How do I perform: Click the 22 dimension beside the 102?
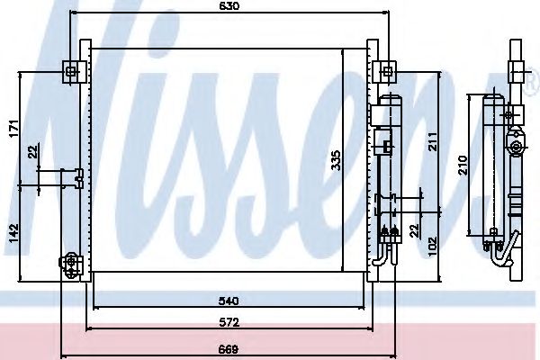pyautogui.click(x=415, y=229)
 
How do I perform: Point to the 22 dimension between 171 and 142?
pyautogui.click(x=33, y=151)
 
